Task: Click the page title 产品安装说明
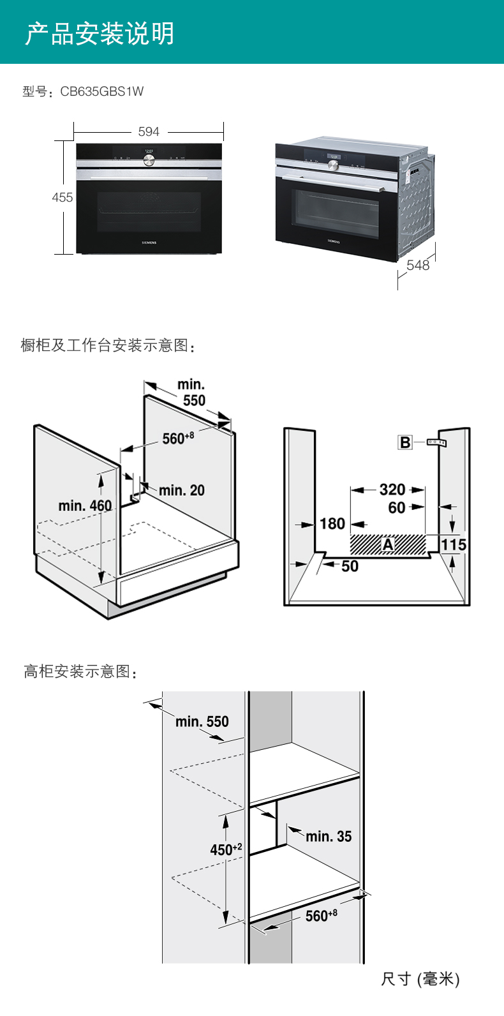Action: click(100, 33)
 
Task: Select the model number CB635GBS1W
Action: click(102, 91)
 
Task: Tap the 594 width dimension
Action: click(149, 131)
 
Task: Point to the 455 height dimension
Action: click(63, 197)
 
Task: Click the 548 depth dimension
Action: click(418, 265)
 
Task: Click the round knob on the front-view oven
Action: click(149, 160)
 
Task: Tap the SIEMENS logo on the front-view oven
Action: click(149, 243)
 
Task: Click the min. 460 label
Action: click(85, 505)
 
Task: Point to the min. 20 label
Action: click(182, 490)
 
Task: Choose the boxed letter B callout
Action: click(405, 442)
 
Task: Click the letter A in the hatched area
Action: click(388, 544)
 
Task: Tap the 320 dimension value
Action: click(392, 489)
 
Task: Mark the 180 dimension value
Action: click(332, 524)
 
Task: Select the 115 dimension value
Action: click(454, 544)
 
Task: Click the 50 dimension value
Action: click(350, 566)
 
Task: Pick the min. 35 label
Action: click(329, 836)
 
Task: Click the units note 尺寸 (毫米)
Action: click(420, 979)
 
